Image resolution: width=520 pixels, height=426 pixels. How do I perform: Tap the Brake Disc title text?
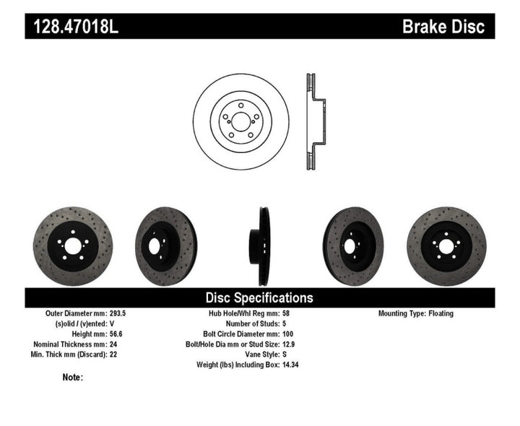pos(443,27)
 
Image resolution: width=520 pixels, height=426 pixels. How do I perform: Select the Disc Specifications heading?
pos(259,297)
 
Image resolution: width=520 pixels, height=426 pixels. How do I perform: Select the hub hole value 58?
pos(285,314)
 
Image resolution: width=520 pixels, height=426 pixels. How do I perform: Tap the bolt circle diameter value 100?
pos(287,334)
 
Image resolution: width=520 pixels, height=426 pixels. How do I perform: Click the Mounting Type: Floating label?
pos(416,314)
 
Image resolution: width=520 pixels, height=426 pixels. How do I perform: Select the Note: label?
pos(73,377)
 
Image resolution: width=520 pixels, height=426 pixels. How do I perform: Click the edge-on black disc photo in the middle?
pos(259,246)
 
